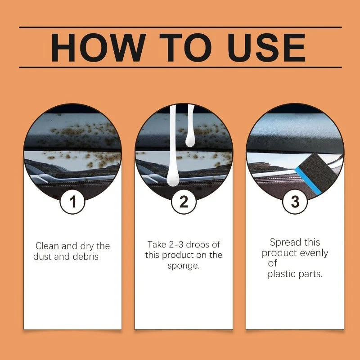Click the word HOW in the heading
98,48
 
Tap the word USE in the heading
266,48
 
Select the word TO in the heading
185,48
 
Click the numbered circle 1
72,202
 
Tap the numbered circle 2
184,202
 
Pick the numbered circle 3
295,202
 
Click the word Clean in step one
47,246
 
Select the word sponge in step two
184,266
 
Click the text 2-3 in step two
176,245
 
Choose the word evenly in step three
314,253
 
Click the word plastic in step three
281,274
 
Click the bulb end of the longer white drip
173,177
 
